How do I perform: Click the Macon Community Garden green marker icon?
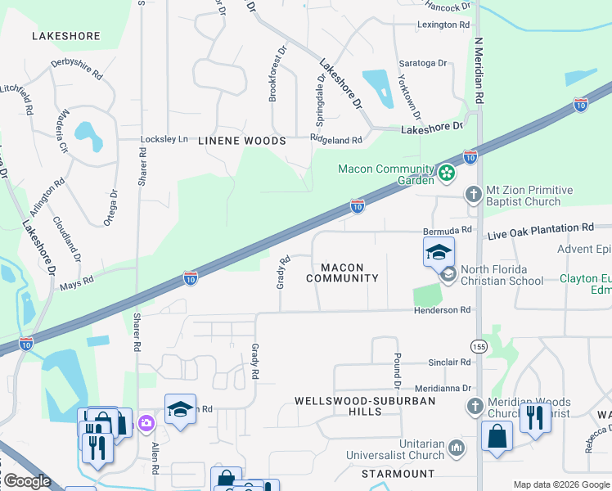(x=446, y=173)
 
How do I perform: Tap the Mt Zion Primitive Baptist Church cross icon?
(x=473, y=194)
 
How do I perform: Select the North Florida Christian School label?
(x=502, y=275)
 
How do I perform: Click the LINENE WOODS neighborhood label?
(x=242, y=141)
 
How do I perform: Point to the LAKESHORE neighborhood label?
(x=65, y=36)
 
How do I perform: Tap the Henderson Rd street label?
(x=443, y=310)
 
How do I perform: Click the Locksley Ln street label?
(x=164, y=140)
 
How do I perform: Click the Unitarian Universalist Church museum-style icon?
(x=457, y=447)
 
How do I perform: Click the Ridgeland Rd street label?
(x=336, y=140)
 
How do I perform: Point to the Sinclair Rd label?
(x=448, y=362)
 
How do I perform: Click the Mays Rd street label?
(x=76, y=284)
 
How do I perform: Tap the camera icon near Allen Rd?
(x=146, y=422)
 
